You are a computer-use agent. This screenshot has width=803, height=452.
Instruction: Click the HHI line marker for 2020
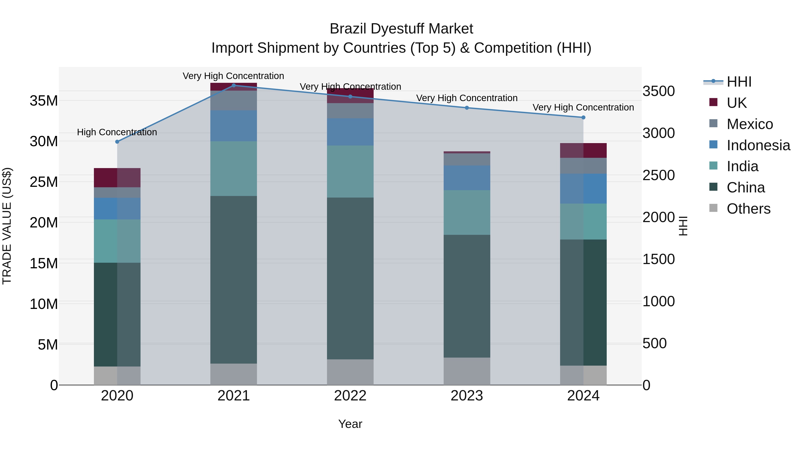pyautogui.click(x=117, y=142)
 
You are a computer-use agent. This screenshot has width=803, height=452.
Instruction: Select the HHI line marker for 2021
pyautogui.click(x=234, y=85)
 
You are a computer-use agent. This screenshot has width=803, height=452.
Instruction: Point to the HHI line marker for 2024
pyautogui.click(x=583, y=117)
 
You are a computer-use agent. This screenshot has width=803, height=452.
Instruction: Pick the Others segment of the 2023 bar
pyautogui.click(x=467, y=371)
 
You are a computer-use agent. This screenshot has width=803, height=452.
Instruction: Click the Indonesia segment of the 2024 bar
pyautogui.click(x=583, y=188)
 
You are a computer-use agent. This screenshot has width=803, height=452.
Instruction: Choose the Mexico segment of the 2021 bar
pyautogui.click(x=234, y=100)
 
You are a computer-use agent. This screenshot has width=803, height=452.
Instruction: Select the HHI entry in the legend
pyautogui.click(x=739, y=82)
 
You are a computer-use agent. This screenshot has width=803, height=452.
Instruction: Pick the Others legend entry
pyautogui.click(x=748, y=208)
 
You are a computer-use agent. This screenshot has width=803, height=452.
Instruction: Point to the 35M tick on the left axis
pyautogui.click(x=44, y=101)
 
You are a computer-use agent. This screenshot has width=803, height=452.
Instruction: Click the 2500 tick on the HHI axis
pyautogui.click(x=658, y=175)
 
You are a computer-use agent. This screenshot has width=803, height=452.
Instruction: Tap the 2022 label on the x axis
pyautogui.click(x=350, y=396)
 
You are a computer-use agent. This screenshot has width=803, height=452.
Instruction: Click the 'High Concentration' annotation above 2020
pyautogui.click(x=117, y=132)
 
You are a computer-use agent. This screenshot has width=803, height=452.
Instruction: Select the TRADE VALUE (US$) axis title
pyautogui.click(x=7, y=226)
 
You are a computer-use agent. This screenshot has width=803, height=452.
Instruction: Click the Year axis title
pyautogui.click(x=350, y=424)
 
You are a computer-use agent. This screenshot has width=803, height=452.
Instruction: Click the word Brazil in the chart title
pyautogui.click(x=348, y=29)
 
